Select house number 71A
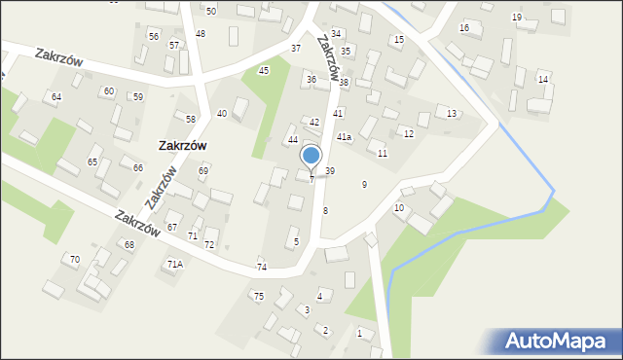pos(175,264)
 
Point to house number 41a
pos(344,137)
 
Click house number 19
pos(516,18)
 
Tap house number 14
pos(543,79)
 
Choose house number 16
pos(464,27)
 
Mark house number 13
pos(451,114)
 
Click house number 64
pos(56,96)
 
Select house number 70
pos(74,258)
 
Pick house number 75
pos(259,296)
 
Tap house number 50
pos(211,10)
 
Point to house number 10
pos(399,208)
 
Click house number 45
pos(263,71)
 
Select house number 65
pos(92,162)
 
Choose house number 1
pos(359,333)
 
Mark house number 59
pos(138,96)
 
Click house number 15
pos(398,39)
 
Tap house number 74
pos(261,267)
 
